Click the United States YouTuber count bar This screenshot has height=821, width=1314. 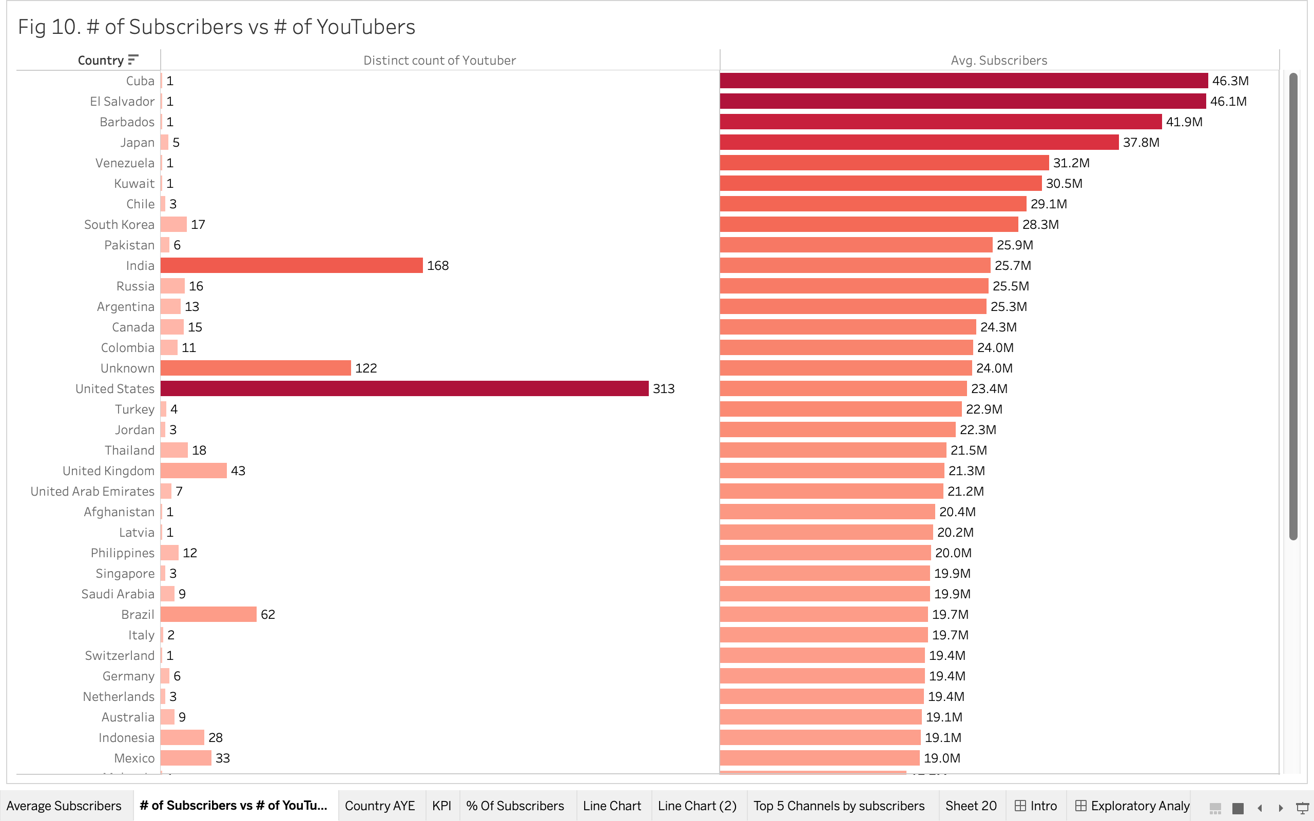click(404, 389)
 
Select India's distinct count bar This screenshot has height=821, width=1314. click(292, 265)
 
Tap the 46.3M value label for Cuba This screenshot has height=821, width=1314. click(1230, 81)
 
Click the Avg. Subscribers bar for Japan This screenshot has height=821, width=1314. click(919, 142)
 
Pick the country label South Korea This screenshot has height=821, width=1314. click(119, 225)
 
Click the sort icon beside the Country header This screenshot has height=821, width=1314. click(133, 59)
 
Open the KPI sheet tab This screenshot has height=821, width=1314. click(441, 806)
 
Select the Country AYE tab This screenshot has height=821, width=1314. click(379, 806)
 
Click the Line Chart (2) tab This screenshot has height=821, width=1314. click(697, 806)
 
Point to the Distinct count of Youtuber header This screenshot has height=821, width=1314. click(439, 60)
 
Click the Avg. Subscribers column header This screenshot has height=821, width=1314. click(998, 60)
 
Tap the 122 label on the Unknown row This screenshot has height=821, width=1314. click(365, 368)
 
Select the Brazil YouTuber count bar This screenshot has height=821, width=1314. click(208, 615)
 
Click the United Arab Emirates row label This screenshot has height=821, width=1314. click(92, 492)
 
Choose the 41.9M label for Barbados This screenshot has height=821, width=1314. click(1184, 122)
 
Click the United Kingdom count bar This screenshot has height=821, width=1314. click(194, 471)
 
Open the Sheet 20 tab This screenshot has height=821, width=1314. click(970, 806)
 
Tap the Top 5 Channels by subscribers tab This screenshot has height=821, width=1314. click(838, 806)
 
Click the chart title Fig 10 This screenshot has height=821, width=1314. click(216, 27)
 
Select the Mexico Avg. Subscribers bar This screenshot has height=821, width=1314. click(819, 758)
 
